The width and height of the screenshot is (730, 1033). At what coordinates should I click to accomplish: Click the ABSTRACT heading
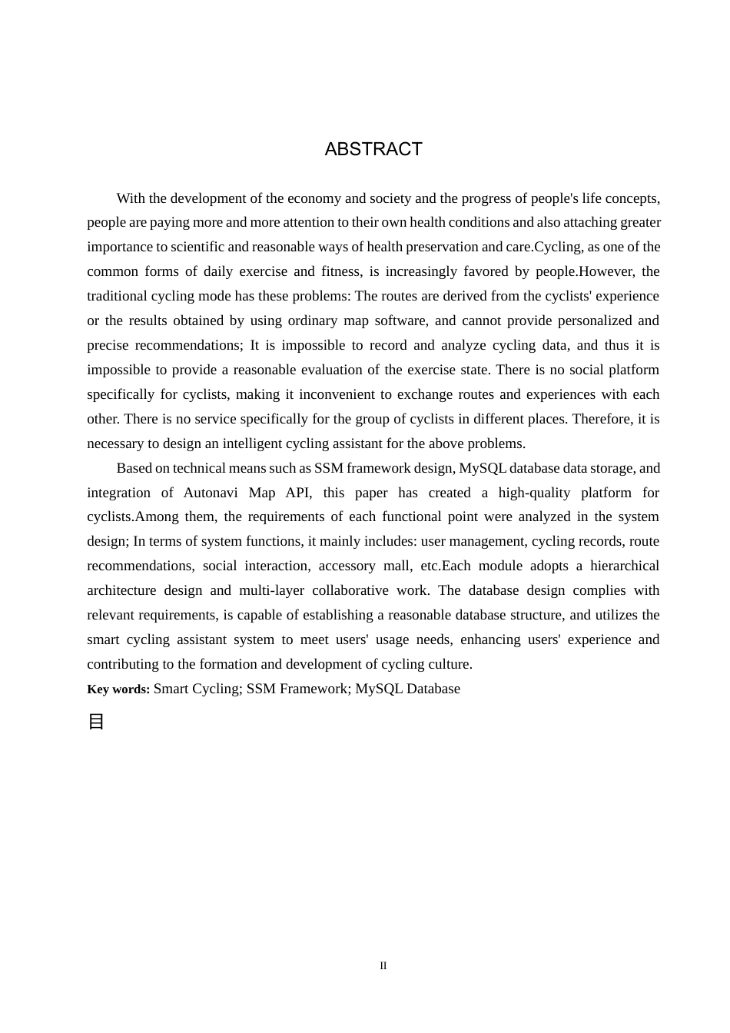[x=373, y=149]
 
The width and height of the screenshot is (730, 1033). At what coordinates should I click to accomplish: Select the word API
[x=298, y=493]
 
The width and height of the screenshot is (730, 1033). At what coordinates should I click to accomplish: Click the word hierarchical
[x=625, y=566]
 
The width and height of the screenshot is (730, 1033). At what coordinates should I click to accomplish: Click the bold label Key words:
[x=118, y=689]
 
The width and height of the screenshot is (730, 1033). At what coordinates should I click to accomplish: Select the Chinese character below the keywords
[x=96, y=722]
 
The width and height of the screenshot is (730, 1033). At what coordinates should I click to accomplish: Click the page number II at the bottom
[x=383, y=966]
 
